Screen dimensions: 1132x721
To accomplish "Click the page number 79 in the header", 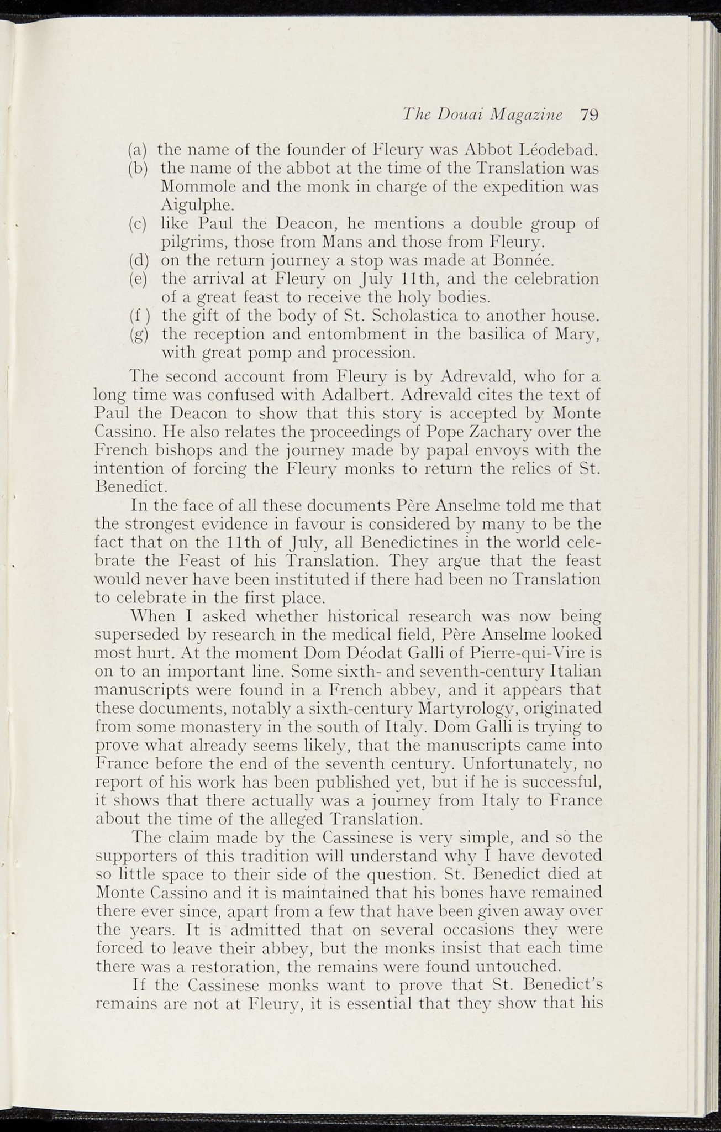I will tap(590, 115).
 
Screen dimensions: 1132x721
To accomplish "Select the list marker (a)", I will tap(137, 149).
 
